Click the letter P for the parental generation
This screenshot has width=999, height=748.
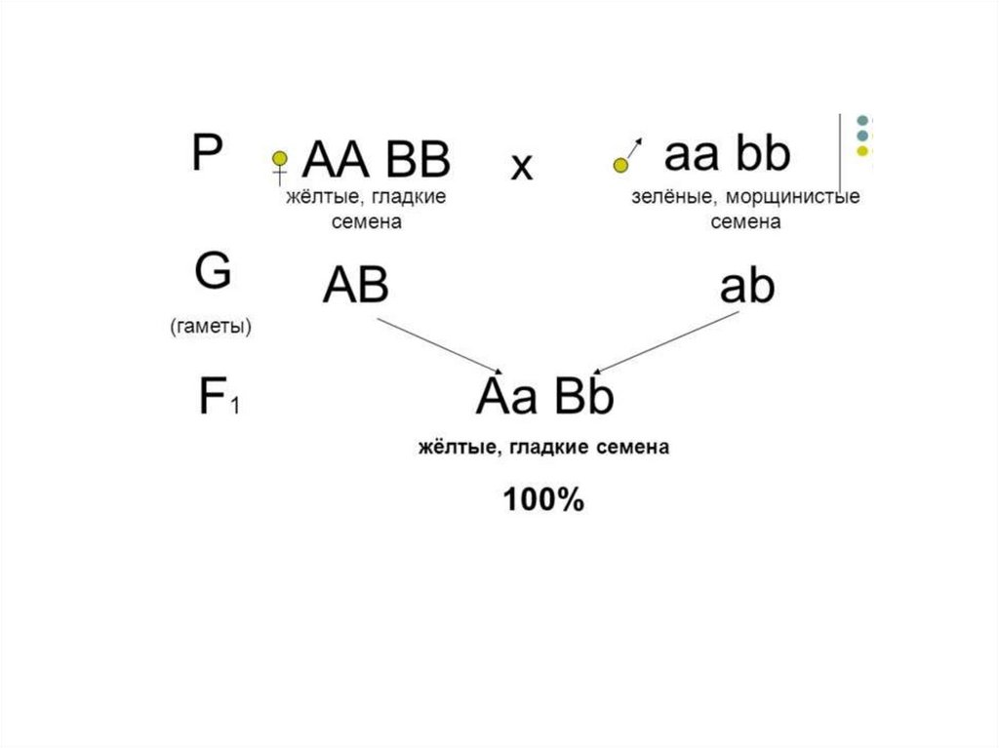206,153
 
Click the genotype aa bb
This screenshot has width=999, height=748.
727,154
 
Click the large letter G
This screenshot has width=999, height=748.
213,272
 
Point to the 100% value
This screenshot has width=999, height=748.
543,501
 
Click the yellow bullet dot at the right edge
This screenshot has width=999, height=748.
861,152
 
